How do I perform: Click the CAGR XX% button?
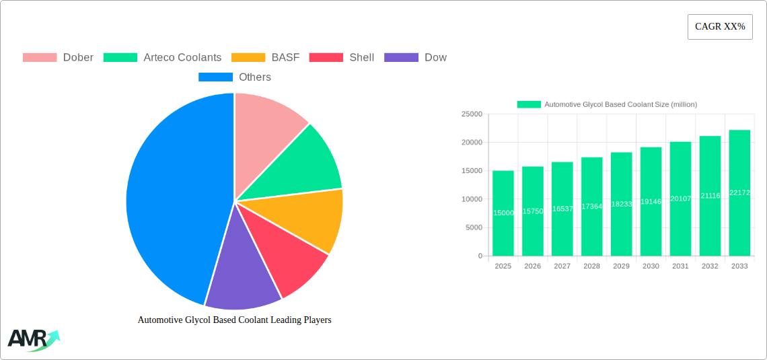point(720,27)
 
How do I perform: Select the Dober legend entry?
point(59,57)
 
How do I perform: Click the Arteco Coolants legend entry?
point(162,57)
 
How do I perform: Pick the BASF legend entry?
point(265,57)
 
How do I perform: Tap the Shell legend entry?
point(342,57)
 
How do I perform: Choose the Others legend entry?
point(235,77)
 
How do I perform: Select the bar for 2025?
point(503,213)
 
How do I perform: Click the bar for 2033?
point(739,193)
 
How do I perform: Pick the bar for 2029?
point(621,204)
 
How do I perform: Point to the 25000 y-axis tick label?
point(471,114)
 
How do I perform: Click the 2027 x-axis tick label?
point(562,266)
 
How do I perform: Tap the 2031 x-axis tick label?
point(680,266)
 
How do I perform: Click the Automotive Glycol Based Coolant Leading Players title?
point(234,320)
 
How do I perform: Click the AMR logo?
point(33,340)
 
